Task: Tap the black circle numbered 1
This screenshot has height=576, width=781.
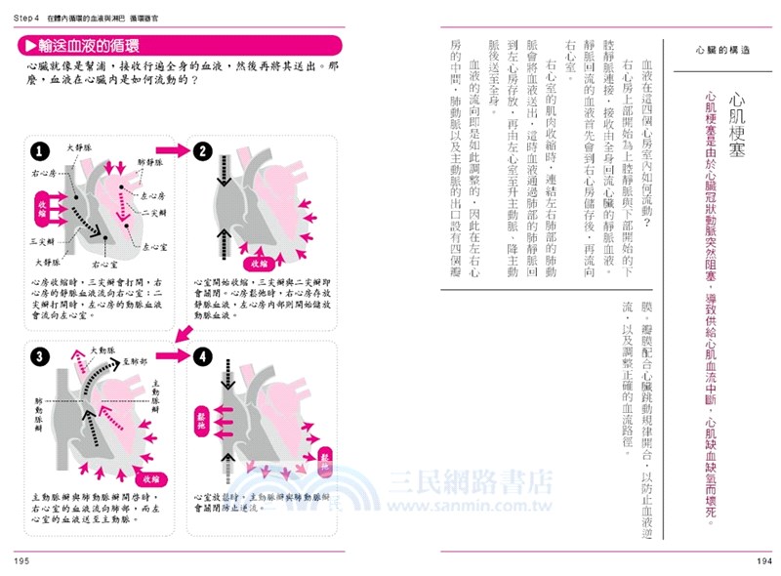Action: click(x=37, y=151)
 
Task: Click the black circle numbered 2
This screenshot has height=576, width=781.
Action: click(x=202, y=150)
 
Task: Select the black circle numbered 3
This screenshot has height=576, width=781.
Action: click(x=37, y=356)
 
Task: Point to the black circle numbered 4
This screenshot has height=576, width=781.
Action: click(x=202, y=356)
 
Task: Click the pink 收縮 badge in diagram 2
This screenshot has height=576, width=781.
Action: click(x=259, y=264)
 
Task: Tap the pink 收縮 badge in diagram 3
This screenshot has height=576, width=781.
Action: click(x=150, y=478)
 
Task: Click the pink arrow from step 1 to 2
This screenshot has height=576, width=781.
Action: click(x=174, y=150)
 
